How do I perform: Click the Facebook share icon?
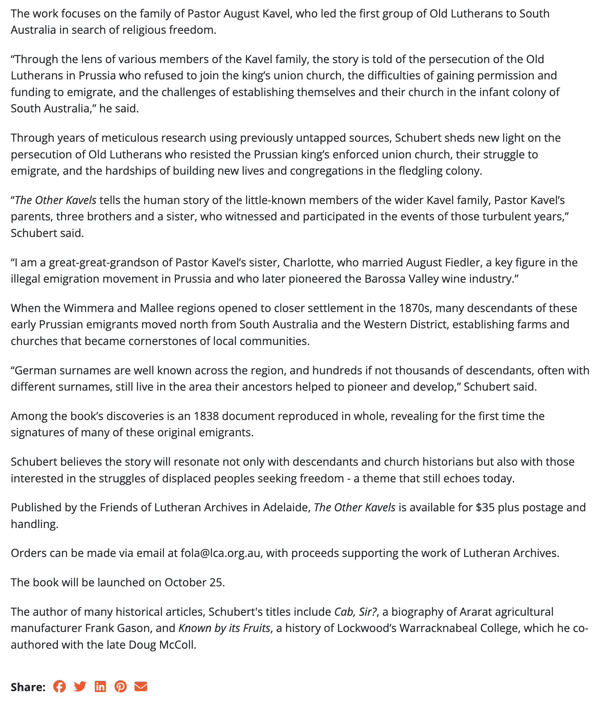click(x=59, y=686)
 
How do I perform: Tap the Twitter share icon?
click(x=80, y=686)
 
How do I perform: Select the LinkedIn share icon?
click(x=100, y=686)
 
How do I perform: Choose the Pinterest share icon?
click(x=121, y=686)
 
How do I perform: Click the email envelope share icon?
click(x=141, y=686)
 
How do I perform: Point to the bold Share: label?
click(x=28, y=687)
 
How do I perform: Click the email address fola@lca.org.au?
click(x=221, y=553)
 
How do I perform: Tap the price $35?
click(x=485, y=507)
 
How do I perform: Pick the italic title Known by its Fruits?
click(x=224, y=628)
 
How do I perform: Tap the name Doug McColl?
click(x=162, y=645)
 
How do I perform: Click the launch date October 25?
click(x=194, y=582)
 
